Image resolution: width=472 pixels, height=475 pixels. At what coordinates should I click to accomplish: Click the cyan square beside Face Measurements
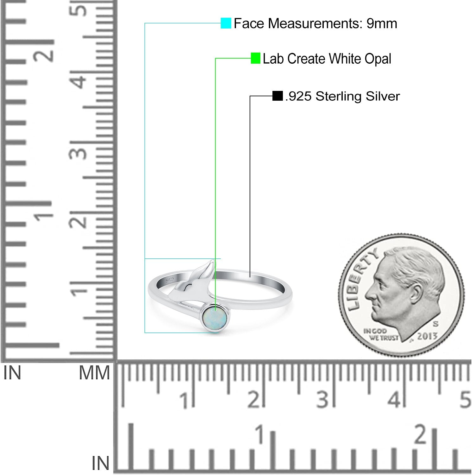(x=226, y=23)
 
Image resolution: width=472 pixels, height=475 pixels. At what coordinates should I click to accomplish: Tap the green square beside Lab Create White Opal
(x=255, y=58)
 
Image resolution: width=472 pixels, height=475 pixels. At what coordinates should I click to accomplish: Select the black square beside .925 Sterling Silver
(x=277, y=96)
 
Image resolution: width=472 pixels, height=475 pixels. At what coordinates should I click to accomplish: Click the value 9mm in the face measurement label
(x=382, y=23)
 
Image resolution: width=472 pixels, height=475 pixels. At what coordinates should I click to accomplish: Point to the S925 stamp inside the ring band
(x=170, y=279)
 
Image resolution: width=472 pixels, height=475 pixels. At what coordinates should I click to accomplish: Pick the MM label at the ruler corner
(x=94, y=373)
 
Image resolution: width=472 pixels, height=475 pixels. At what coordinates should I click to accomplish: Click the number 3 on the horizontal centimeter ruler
(x=322, y=400)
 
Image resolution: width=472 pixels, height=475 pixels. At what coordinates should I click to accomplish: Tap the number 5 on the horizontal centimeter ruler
(x=465, y=400)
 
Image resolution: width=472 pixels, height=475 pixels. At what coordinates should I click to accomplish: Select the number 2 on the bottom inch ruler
(x=421, y=434)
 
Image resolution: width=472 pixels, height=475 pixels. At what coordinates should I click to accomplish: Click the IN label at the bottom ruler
(x=101, y=464)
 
